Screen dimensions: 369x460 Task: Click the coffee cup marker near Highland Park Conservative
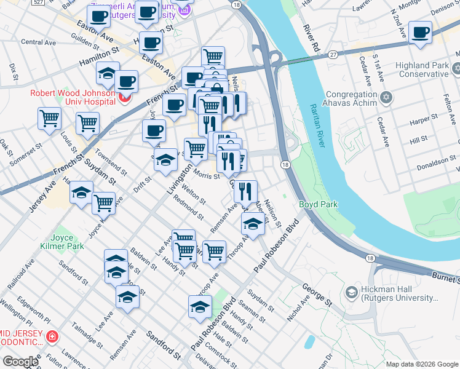point(421,33)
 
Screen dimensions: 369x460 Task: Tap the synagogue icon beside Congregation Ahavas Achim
point(386,97)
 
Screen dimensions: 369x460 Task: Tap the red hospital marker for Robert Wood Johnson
point(125,97)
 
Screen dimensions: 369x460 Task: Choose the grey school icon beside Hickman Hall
point(351,292)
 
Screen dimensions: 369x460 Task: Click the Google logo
point(20,361)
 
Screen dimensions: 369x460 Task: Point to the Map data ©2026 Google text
point(422,364)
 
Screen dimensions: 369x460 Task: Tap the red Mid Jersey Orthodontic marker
point(53,337)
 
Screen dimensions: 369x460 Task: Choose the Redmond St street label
point(188,208)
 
